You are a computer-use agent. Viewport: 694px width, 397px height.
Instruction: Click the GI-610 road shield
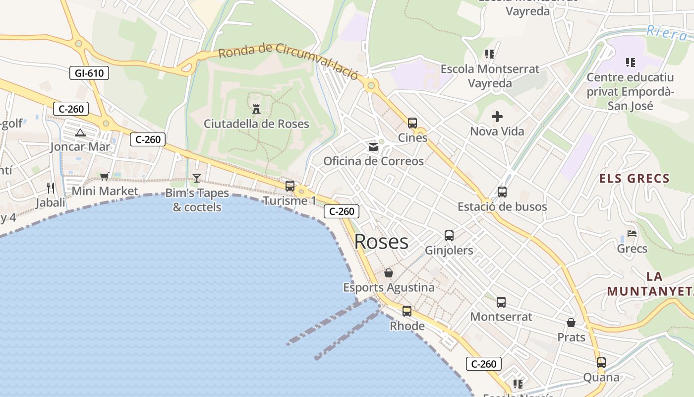coord(89,73)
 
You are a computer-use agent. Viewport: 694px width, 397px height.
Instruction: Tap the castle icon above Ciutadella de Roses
coord(256,108)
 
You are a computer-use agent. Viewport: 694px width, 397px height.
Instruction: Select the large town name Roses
coord(381,242)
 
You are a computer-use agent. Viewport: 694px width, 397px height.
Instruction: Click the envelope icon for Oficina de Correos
coord(373,147)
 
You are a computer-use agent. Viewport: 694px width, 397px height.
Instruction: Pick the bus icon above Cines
coord(412,123)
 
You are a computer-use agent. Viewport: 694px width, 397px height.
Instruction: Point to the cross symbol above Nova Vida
coord(497,117)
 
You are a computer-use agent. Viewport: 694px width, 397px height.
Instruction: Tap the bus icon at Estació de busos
coord(502,192)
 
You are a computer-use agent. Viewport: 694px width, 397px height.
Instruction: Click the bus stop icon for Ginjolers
coord(449,236)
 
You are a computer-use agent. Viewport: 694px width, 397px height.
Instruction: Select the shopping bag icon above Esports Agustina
coord(389,273)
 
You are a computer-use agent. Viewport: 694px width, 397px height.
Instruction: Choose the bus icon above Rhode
coord(406,311)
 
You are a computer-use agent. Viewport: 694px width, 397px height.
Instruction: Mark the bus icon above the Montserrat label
coord(501,302)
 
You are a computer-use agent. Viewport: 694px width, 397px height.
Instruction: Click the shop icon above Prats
coord(571,323)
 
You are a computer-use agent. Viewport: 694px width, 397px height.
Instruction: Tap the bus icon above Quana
coord(601,363)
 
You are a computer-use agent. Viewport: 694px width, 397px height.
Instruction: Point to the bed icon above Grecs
coord(632,233)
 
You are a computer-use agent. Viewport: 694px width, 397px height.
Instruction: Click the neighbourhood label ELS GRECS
coord(634,179)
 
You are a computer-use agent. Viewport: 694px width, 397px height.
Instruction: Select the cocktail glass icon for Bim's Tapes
coord(197,178)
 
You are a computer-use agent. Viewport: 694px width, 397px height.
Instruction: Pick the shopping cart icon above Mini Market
coord(104,176)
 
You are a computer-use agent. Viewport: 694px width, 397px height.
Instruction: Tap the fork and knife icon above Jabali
coord(50,188)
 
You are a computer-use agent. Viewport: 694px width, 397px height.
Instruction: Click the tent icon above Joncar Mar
coord(80,132)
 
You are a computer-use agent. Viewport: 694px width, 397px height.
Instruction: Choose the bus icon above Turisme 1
coord(289,186)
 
